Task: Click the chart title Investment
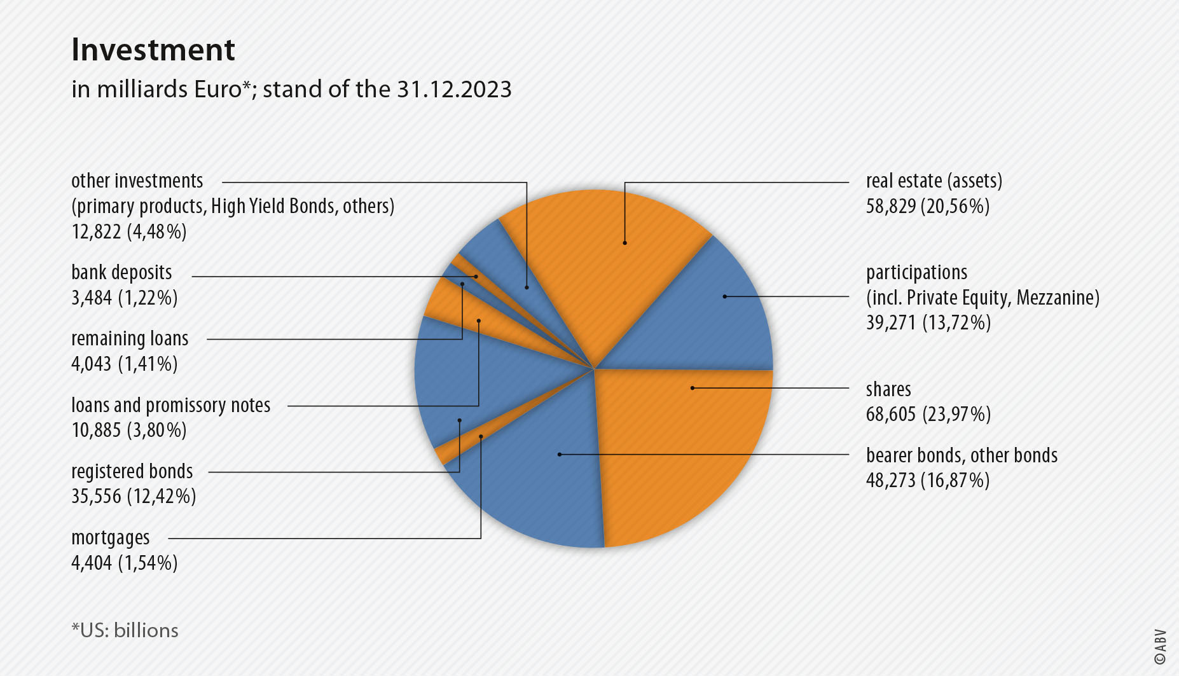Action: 153,50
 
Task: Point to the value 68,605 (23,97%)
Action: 928,415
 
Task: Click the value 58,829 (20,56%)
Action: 927,207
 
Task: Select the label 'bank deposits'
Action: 121,273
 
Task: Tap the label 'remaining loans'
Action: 130,339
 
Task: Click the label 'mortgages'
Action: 111,538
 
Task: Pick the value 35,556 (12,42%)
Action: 134,497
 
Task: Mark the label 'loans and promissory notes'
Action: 170,406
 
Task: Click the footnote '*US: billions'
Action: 125,630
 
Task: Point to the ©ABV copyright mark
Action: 1160,647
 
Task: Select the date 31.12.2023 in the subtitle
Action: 454,90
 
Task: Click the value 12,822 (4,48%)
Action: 129,232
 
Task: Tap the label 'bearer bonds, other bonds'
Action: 962,456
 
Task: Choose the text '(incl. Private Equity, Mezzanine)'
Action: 983,298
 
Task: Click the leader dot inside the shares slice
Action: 692,388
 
